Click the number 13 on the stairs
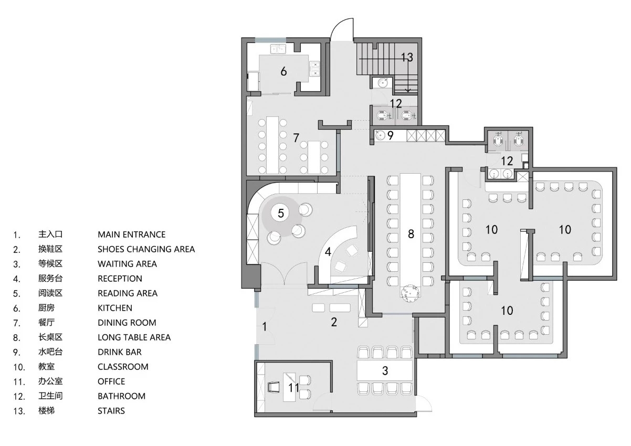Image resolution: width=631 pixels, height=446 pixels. tap(407, 57)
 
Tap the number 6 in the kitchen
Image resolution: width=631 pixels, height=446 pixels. tap(283, 71)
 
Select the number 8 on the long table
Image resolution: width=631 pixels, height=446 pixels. tap(411, 234)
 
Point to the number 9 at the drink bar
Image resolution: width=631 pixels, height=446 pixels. tap(390, 135)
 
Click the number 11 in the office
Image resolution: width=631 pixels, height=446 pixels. tap(294, 388)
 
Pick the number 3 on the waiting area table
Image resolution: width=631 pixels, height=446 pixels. tap(385, 370)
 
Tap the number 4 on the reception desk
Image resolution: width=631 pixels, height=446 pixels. tap(328, 251)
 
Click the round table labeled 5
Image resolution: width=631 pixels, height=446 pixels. tap(280, 213)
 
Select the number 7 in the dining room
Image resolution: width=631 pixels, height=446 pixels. tap(296, 137)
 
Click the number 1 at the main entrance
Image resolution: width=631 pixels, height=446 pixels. tap(264, 326)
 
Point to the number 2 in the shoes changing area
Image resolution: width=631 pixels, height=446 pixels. tap(334, 322)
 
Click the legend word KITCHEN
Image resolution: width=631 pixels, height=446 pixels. tap(115, 308)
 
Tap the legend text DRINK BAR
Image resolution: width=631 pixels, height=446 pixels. tap(120, 352)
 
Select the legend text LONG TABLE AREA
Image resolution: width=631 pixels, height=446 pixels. tap(134, 337)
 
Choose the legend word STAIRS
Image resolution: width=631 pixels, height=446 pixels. tap(111, 411)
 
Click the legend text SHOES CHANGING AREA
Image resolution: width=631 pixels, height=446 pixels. tap(146, 249)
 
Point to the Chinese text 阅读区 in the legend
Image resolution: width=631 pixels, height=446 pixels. tap(50, 293)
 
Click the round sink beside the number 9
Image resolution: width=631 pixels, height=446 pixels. tap(380, 135)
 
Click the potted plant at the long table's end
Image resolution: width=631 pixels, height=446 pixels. tap(410, 293)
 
